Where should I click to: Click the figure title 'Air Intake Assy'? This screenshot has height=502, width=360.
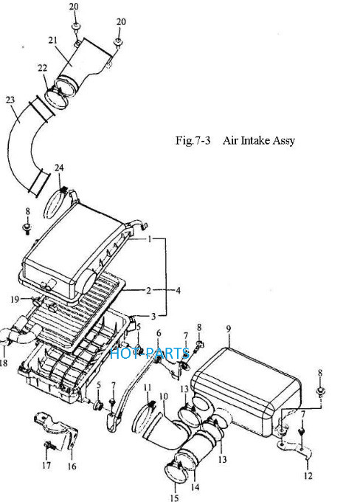click(x=258, y=141)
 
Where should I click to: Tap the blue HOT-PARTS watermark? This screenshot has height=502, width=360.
click(x=150, y=354)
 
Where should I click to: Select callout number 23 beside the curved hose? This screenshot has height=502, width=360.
click(x=10, y=100)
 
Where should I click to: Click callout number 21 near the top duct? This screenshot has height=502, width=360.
click(x=53, y=41)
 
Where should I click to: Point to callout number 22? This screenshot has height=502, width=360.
click(x=42, y=68)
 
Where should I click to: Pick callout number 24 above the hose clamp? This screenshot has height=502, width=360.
click(x=59, y=168)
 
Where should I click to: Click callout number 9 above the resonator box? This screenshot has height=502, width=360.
click(x=229, y=329)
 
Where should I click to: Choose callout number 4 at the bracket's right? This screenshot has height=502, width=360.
click(x=178, y=290)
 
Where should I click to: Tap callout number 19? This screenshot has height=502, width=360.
click(x=15, y=299)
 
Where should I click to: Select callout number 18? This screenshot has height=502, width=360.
click(x=4, y=363)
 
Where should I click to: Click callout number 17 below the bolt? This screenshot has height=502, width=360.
click(x=46, y=465)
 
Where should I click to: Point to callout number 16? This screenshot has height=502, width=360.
click(x=72, y=467)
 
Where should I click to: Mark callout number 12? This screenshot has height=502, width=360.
click(x=308, y=475)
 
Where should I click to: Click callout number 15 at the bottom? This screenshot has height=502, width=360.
click(x=174, y=498)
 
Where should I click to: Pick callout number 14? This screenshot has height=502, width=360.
click(x=195, y=487)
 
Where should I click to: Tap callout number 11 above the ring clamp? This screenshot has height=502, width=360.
click(x=148, y=388)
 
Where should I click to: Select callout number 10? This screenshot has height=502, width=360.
click(x=163, y=396)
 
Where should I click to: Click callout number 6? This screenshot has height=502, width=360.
click(x=159, y=333)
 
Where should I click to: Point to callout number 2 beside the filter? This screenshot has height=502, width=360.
click(x=148, y=290)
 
